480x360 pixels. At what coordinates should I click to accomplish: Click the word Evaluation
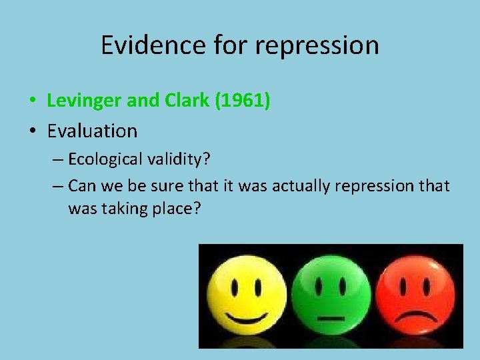[92, 131]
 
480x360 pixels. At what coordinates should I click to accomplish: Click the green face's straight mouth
[329, 318]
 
